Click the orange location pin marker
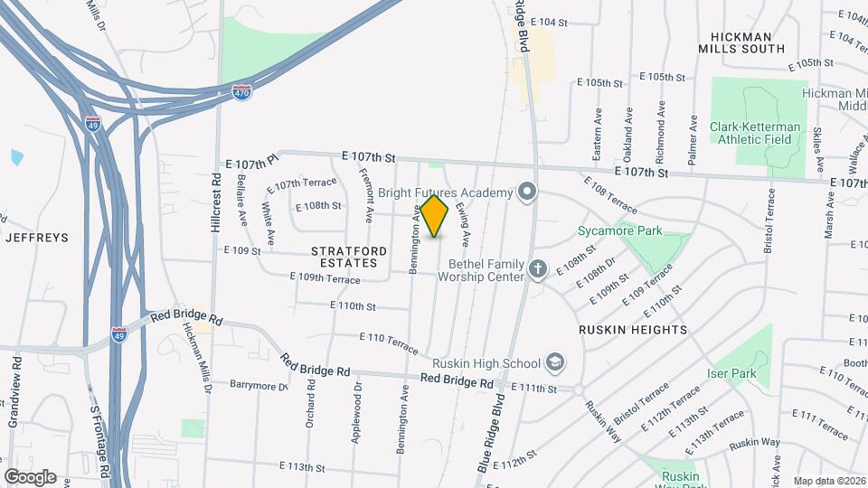click(x=435, y=216)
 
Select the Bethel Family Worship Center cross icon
click(x=538, y=268)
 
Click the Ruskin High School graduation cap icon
click(x=554, y=363)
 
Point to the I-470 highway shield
click(x=241, y=93)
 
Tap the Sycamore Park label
click(x=619, y=231)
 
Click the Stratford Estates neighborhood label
click(x=349, y=257)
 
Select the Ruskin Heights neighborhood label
click(x=633, y=330)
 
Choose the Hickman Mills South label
click(x=748, y=42)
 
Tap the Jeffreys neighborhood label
click(x=37, y=238)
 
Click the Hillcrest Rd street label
click(x=216, y=203)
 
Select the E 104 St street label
click(x=549, y=21)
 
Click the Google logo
click(x=30, y=476)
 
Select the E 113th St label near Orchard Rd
click(x=302, y=467)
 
